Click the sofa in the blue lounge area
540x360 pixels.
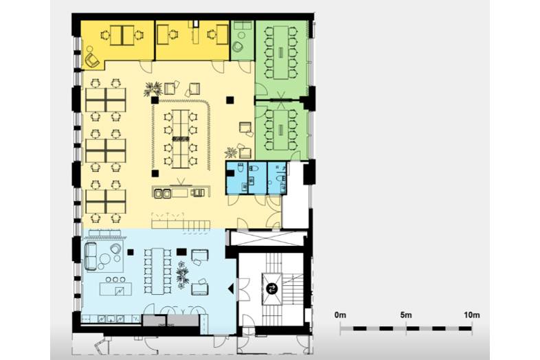tap(92, 256)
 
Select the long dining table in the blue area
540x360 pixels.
tap(158, 267)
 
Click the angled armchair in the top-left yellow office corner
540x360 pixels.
tap(92, 58)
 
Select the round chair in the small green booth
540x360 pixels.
tap(238, 45)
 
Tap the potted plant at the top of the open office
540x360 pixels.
tap(153, 88)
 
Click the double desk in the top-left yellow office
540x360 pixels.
tap(120, 34)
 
